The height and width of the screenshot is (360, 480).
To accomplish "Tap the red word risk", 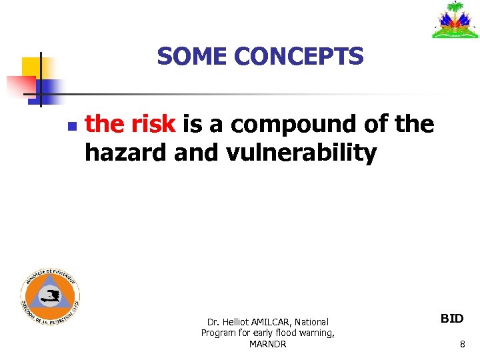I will (x=153, y=124).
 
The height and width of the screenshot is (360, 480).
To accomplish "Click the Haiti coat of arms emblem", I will (x=455, y=20).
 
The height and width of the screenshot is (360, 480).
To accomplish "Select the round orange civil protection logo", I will (x=50, y=297).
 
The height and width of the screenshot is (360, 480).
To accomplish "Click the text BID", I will (x=452, y=319).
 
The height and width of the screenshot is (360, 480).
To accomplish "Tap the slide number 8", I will (x=462, y=345).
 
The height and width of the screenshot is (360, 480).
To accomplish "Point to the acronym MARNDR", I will (x=267, y=344).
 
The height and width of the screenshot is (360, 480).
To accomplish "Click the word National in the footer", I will (x=311, y=322).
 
